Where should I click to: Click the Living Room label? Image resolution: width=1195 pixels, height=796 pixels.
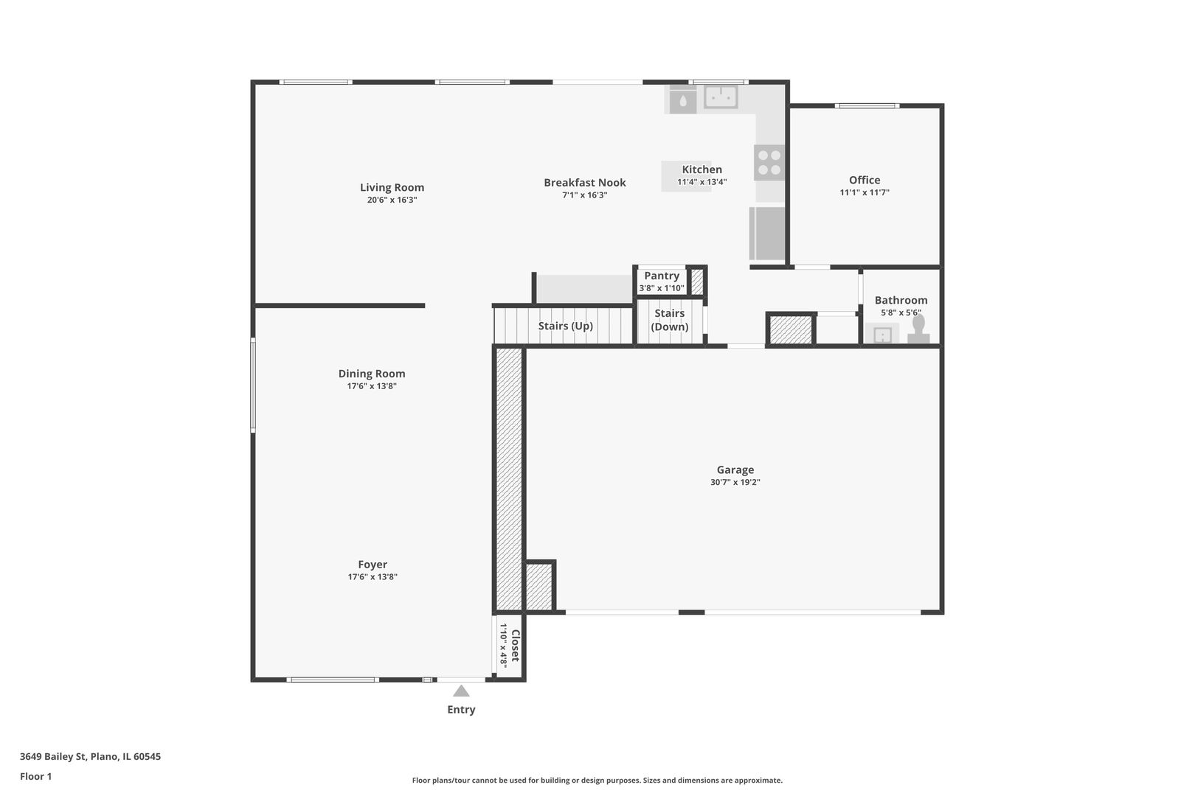pos(392,187)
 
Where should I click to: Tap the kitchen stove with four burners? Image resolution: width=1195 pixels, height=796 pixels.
pos(769,163)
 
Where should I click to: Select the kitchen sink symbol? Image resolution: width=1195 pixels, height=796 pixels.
pos(721,97)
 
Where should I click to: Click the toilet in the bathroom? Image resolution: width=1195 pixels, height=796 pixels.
pos(918,329)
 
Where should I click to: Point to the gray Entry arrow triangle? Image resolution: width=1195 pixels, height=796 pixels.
pos(461,691)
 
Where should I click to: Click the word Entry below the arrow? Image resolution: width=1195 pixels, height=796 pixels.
pos(461,709)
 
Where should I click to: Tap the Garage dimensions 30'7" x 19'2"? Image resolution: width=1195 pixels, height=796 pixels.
pos(735,482)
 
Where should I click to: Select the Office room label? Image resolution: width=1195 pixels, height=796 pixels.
pos(865,180)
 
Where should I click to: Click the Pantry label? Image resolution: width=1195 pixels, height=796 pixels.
pos(662,276)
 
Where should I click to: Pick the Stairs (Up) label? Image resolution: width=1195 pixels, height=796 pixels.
pos(566,326)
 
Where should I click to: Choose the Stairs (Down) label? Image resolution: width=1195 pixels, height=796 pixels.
pos(670,319)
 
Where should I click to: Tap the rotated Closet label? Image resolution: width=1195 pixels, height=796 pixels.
pos(516,645)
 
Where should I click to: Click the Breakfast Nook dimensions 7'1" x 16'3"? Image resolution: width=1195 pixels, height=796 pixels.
pos(585,195)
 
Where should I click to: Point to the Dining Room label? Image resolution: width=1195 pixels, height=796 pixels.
pos(371,373)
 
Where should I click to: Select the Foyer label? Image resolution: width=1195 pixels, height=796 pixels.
pos(373,564)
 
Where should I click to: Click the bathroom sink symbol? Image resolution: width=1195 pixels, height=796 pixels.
pos(882,335)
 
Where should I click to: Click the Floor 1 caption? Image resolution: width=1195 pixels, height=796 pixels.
pos(35,776)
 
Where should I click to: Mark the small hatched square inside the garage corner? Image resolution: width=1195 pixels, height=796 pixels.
pos(538,587)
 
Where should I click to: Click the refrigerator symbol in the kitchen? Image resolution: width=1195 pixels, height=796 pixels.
pos(767,234)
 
